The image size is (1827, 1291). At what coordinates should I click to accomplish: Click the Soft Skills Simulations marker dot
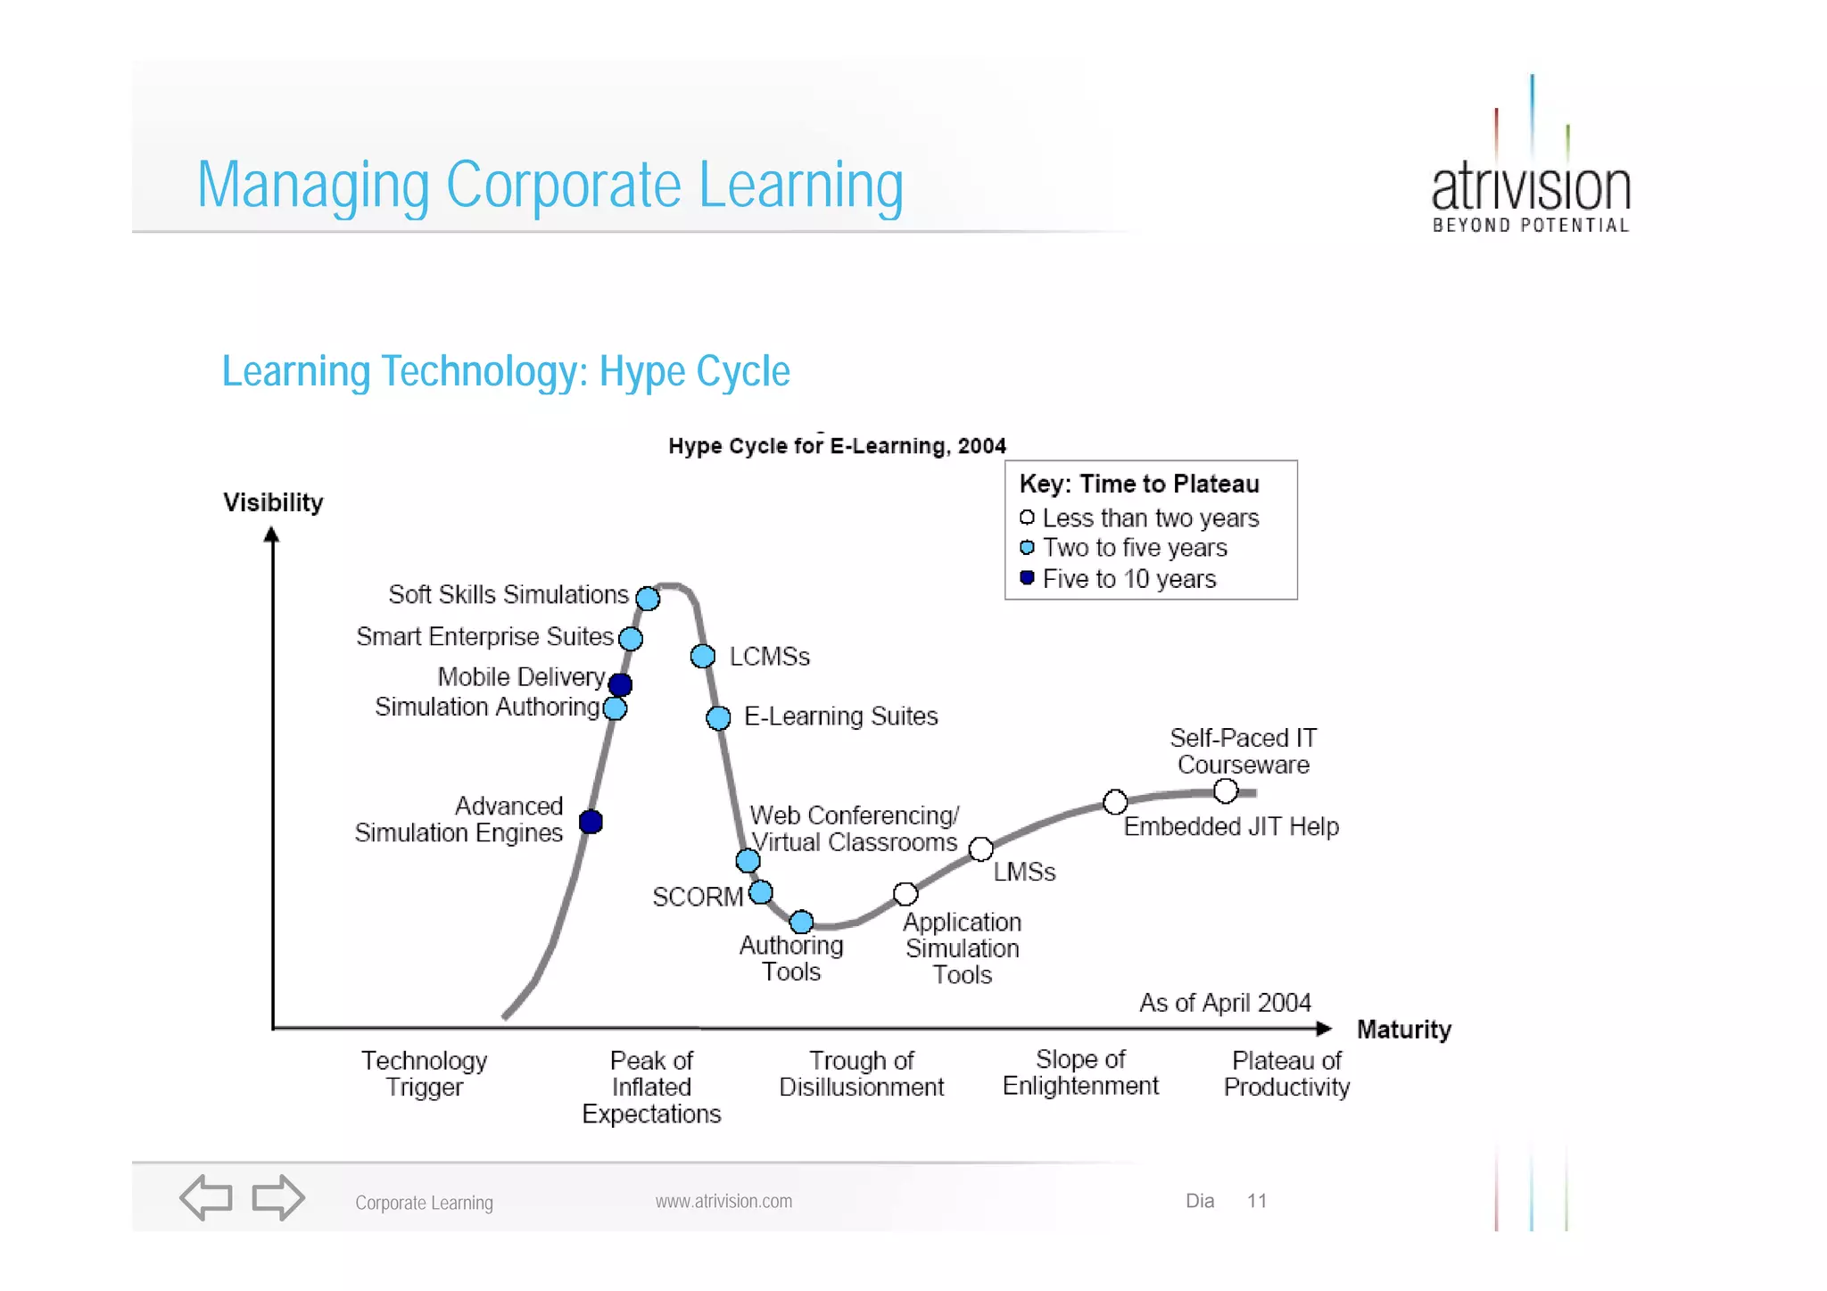(649, 599)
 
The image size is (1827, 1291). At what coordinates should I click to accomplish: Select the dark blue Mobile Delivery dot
(620, 684)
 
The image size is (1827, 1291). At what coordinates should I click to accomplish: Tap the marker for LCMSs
(703, 657)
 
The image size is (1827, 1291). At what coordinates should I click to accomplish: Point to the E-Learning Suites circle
(718, 717)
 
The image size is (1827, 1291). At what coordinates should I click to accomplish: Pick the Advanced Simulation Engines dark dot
(591, 822)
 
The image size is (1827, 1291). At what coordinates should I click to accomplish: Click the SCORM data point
(761, 892)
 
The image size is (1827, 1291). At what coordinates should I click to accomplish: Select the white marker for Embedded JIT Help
(1115, 802)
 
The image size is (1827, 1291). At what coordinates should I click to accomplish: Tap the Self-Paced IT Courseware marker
(1226, 790)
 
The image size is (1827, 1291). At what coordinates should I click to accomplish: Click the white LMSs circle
(981, 849)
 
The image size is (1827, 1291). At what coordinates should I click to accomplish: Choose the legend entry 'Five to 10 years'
(1128, 579)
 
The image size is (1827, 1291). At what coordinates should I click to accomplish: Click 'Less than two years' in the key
(1150, 518)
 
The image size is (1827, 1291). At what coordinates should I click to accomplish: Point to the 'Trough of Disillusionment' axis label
(861, 1073)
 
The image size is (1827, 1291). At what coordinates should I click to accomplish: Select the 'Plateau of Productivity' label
(1286, 1073)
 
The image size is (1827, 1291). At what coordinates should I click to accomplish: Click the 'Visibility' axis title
(273, 502)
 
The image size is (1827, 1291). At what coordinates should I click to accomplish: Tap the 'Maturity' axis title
(1403, 1030)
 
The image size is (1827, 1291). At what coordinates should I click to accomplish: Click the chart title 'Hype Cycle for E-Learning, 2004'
(837, 446)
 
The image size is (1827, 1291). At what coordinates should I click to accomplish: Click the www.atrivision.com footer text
(723, 1201)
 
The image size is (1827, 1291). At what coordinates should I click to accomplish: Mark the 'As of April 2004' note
(1225, 1003)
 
